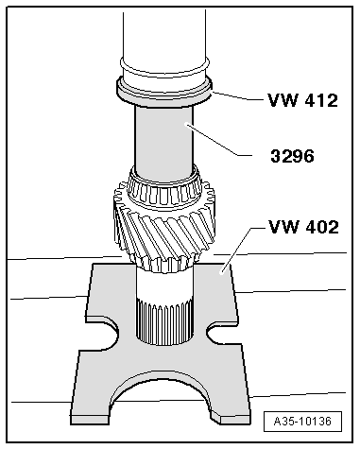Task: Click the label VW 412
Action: click(x=302, y=98)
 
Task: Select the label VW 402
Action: click(x=302, y=227)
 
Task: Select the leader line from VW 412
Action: click(x=237, y=96)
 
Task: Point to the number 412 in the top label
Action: click(x=317, y=98)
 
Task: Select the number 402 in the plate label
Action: click(x=317, y=227)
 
